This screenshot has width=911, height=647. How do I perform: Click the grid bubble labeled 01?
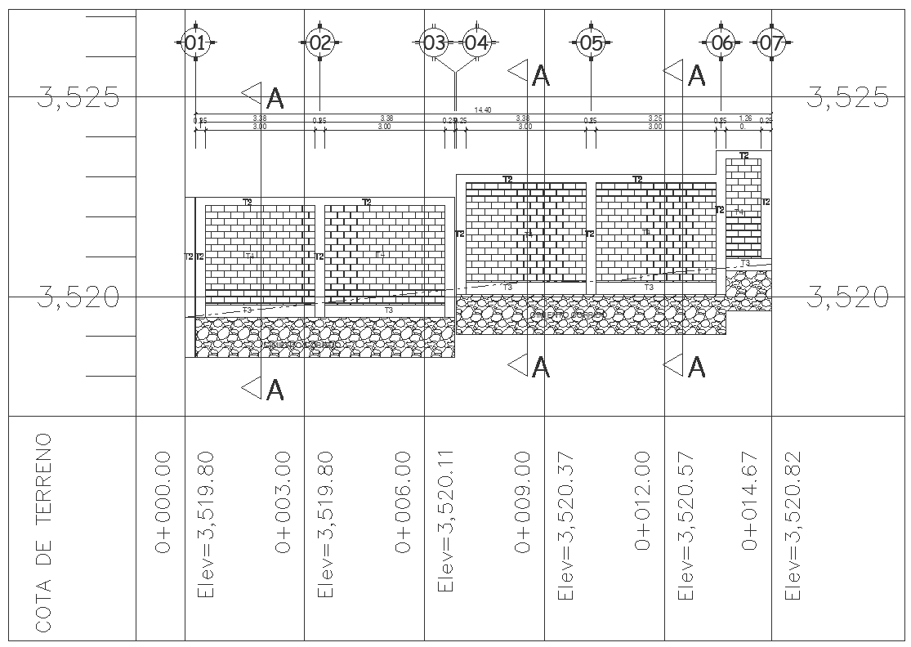(x=194, y=43)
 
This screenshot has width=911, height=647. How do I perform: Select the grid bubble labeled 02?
(x=319, y=43)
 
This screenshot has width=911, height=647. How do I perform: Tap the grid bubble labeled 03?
(x=434, y=43)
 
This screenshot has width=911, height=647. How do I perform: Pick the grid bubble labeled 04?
(x=476, y=43)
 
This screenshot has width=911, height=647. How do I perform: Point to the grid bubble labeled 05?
(x=591, y=43)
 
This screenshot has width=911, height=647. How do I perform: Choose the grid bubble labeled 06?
(x=721, y=43)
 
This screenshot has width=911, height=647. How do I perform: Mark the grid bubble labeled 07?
(x=770, y=43)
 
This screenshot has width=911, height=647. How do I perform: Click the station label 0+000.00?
(x=163, y=502)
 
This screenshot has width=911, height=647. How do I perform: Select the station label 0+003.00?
(x=284, y=502)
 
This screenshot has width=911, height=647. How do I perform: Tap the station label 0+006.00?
(x=403, y=502)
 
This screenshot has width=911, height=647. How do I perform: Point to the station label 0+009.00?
(x=523, y=502)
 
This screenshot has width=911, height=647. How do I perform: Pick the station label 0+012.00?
(x=643, y=502)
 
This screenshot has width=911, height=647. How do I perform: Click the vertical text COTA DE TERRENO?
(x=44, y=532)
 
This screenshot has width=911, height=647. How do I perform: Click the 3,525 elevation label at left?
(x=78, y=100)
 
